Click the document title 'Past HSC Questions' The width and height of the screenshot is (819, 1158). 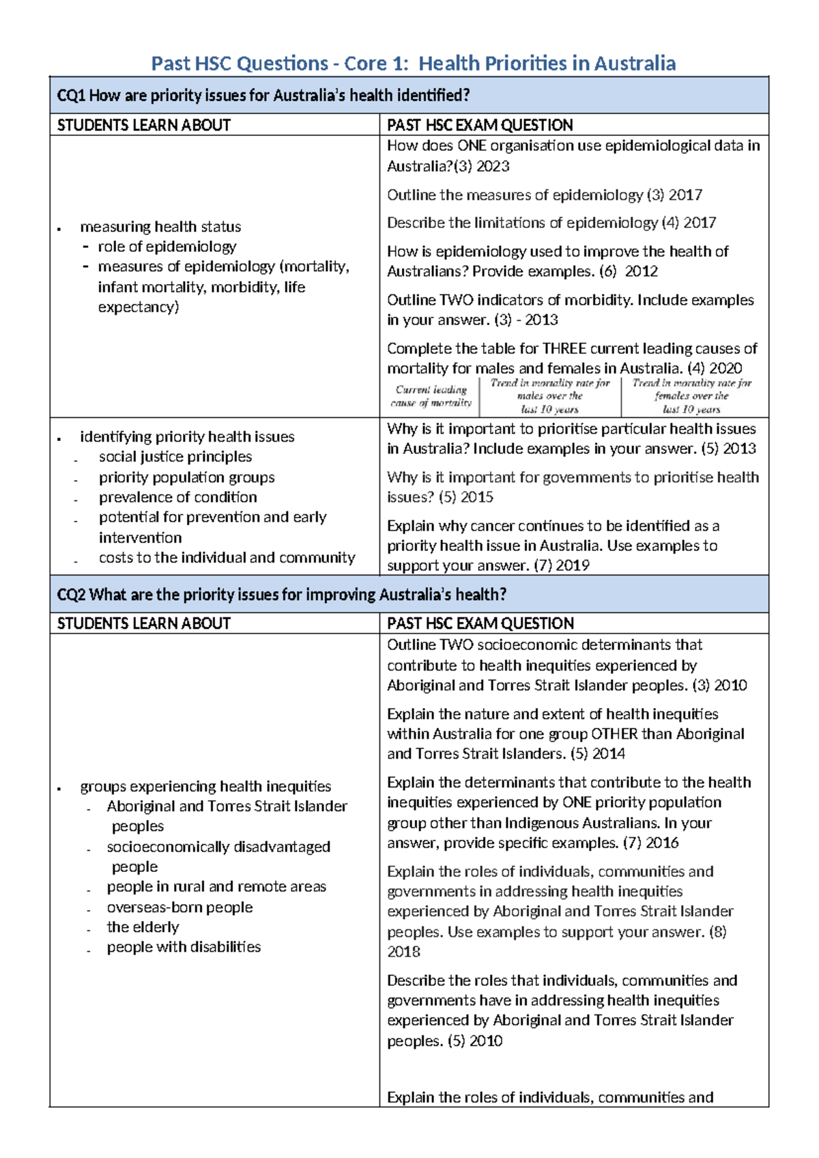[239, 63]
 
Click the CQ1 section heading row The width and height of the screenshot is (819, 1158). [263, 96]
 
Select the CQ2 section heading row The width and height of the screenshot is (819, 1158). [281, 595]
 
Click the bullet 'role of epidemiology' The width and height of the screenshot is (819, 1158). [167, 246]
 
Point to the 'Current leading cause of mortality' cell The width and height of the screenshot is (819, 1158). [431, 396]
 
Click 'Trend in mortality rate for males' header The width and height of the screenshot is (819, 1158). [549, 396]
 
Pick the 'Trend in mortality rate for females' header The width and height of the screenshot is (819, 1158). [691, 396]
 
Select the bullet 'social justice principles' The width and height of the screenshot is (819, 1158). [175, 457]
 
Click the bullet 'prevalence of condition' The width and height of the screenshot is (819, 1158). [177, 497]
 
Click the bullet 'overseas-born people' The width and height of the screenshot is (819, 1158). [179, 907]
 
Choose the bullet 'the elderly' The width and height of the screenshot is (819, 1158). [143, 927]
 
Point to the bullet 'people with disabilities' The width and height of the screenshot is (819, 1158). [184, 947]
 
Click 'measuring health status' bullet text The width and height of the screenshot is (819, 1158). [160, 227]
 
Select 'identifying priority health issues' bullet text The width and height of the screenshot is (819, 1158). [187, 437]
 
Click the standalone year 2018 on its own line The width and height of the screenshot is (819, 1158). [403, 952]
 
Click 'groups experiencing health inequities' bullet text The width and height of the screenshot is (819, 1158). [205, 787]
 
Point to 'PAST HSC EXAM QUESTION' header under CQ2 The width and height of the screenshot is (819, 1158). [480, 623]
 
